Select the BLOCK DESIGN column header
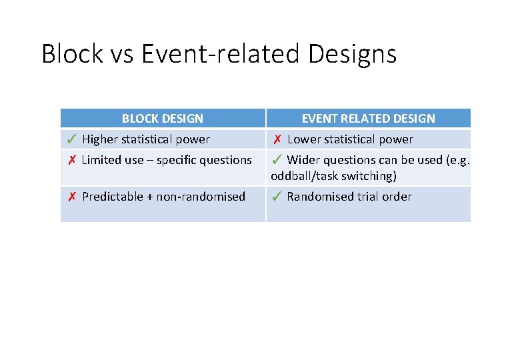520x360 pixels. click(163, 119)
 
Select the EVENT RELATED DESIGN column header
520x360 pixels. click(368, 119)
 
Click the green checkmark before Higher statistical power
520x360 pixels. click(71, 139)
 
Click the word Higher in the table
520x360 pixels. click(100, 139)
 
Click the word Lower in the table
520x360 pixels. click(303, 139)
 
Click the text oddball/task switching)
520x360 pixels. click(333, 176)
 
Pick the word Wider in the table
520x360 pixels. click(303, 160)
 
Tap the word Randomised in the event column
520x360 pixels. click(317, 197)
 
